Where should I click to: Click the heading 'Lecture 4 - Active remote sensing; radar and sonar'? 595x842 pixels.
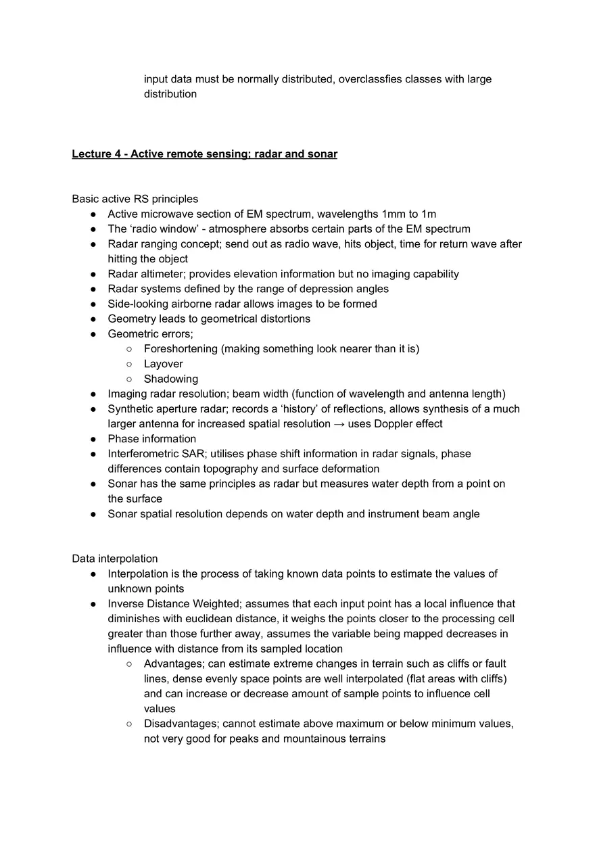click(x=204, y=154)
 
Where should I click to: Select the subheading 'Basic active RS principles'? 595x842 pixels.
click(x=135, y=199)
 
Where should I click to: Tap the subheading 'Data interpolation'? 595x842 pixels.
click(x=114, y=559)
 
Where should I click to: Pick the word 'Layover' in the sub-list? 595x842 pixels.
click(x=163, y=364)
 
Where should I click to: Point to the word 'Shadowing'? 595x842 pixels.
click(x=170, y=379)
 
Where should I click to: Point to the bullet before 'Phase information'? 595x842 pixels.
click(x=93, y=439)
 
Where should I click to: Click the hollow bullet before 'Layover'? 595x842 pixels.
click(x=129, y=364)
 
